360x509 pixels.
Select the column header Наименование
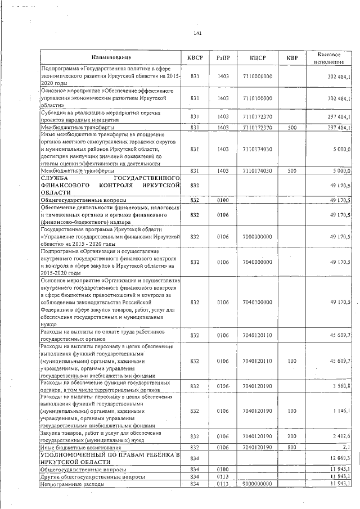[x=111, y=58]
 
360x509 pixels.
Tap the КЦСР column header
[x=258, y=58]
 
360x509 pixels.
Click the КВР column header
[x=291, y=58]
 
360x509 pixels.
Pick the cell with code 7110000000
[x=258, y=76]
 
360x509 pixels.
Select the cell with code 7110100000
[x=258, y=98]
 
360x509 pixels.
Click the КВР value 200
[x=291, y=436]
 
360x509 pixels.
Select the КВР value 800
[x=291, y=447]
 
